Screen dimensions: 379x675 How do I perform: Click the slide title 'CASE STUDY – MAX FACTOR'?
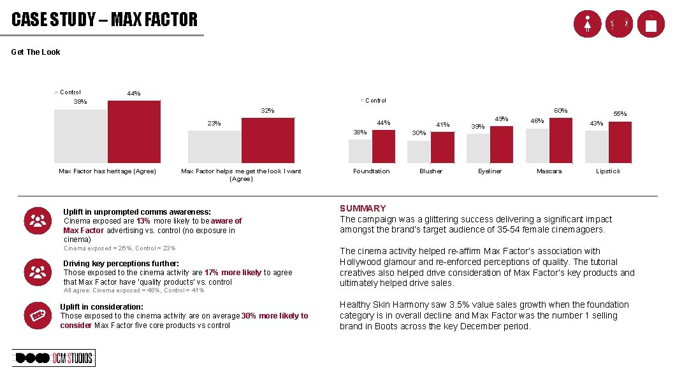[105, 20]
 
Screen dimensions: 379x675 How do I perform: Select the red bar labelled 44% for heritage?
[134, 132]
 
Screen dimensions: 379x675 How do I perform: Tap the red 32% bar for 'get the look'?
[268, 140]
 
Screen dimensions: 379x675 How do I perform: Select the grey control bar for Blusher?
[419, 152]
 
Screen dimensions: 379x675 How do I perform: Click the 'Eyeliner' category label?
[490, 171]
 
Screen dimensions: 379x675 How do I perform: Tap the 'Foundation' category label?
[372, 171]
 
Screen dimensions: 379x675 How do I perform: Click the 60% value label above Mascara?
[560, 111]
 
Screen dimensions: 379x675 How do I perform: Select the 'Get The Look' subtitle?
[36, 52]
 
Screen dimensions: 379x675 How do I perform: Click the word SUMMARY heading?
[363, 208]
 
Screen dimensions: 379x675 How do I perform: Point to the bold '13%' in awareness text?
[143, 221]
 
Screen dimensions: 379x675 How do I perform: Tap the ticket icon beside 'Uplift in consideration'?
[38, 314]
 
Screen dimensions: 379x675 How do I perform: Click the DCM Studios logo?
[54, 358]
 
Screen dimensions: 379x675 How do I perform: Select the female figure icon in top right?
[586, 24]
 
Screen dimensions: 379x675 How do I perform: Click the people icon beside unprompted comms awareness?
[38, 220]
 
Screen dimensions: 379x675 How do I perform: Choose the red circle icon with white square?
[650, 24]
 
